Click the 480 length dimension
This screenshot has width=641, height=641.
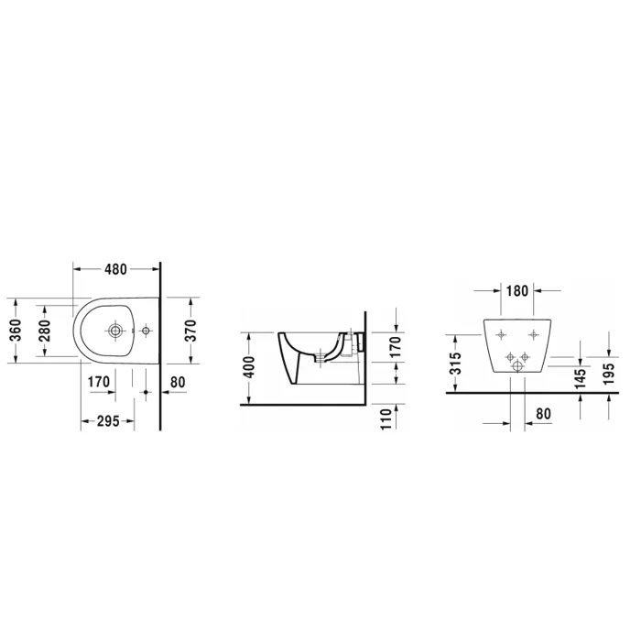point(116,269)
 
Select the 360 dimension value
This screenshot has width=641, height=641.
point(16,331)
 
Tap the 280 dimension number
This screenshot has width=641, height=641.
point(45,331)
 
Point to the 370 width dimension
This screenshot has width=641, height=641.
point(190,331)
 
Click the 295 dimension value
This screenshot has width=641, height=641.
point(108,421)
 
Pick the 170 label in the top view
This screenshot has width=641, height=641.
point(99,382)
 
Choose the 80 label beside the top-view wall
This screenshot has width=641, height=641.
point(178,382)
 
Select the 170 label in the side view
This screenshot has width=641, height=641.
point(396,347)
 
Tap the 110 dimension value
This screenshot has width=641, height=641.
point(386,418)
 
